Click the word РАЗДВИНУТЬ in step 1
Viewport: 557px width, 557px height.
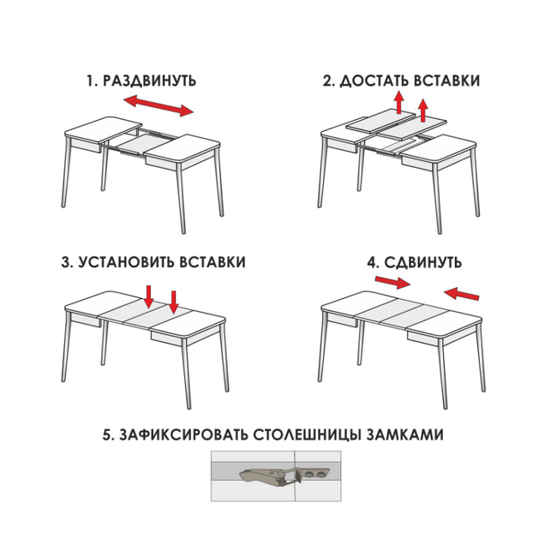click(x=149, y=81)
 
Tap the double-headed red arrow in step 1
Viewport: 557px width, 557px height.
click(x=159, y=105)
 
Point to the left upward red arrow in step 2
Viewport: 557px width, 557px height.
click(x=399, y=102)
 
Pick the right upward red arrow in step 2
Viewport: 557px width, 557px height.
click(x=423, y=111)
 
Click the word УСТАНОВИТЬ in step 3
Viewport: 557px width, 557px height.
click(x=126, y=262)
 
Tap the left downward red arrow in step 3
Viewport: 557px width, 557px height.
click(x=149, y=296)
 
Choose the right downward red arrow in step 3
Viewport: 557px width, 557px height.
click(x=173, y=302)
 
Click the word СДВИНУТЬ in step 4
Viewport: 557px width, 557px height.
click(x=423, y=263)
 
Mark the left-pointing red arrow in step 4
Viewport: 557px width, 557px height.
click(x=461, y=293)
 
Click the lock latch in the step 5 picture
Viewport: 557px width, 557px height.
click(x=284, y=476)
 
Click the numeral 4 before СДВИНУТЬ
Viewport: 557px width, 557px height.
click(x=372, y=262)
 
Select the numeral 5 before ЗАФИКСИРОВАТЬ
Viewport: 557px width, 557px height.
click(x=107, y=434)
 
